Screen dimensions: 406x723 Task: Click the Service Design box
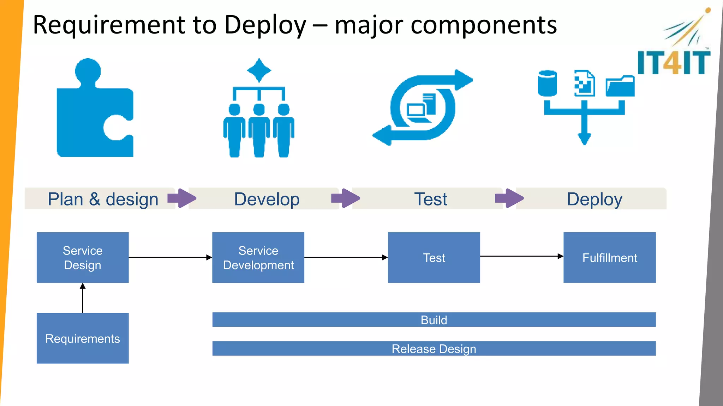coord(83,257)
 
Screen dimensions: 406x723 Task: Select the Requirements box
coord(83,338)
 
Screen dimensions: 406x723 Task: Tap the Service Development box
coord(258,257)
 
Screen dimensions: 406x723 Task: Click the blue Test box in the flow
coord(434,257)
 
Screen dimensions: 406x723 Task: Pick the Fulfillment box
coord(609,257)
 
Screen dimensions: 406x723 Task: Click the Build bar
coord(434,320)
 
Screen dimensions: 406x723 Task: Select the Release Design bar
coord(434,349)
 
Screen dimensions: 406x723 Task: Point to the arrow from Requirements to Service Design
coord(83,298)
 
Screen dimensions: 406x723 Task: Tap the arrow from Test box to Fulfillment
coord(521,256)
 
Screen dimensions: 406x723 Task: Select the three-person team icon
coord(259,116)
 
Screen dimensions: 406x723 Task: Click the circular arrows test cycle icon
coord(423,107)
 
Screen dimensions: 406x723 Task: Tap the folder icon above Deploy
coord(620,86)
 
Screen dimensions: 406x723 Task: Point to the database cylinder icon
coord(547,83)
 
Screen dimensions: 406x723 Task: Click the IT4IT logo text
coord(674,63)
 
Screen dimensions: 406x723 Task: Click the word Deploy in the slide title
coord(265,25)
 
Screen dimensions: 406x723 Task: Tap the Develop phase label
coord(267,199)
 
